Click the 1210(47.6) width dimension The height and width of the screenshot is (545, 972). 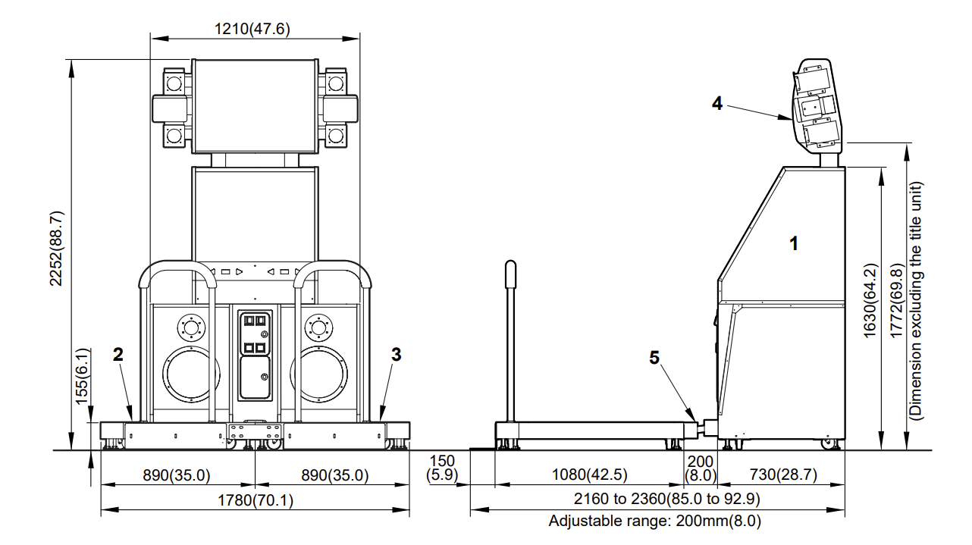tap(252, 29)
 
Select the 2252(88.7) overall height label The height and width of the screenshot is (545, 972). tap(57, 249)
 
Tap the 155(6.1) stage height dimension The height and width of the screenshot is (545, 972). tap(82, 377)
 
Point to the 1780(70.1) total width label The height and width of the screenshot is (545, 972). tap(256, 500)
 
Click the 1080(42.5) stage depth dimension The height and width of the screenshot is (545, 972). tap(589, 475)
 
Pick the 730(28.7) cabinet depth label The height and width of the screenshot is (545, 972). tap(783, 475)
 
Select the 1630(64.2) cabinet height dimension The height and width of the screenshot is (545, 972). tap(870, 301)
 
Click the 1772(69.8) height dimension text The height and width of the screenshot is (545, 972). tap(896, 301)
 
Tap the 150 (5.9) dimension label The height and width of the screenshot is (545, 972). tap(442, 468)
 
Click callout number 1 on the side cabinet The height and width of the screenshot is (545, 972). tap(794, 243)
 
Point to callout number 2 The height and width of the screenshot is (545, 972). tap(118, 355)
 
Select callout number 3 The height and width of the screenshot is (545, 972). tap(396, 355)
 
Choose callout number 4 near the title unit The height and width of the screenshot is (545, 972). tap(716, 103)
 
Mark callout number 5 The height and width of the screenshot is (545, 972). tap(654, 358)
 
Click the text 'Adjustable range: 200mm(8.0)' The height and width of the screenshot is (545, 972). tap(654, 520)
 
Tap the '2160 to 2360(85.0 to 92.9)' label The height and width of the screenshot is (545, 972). tap(667, 499)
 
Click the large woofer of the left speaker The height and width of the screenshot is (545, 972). tap(191, 374)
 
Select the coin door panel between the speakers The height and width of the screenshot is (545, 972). tap(256, 355)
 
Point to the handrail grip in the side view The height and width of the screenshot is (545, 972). tap(511, 274)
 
